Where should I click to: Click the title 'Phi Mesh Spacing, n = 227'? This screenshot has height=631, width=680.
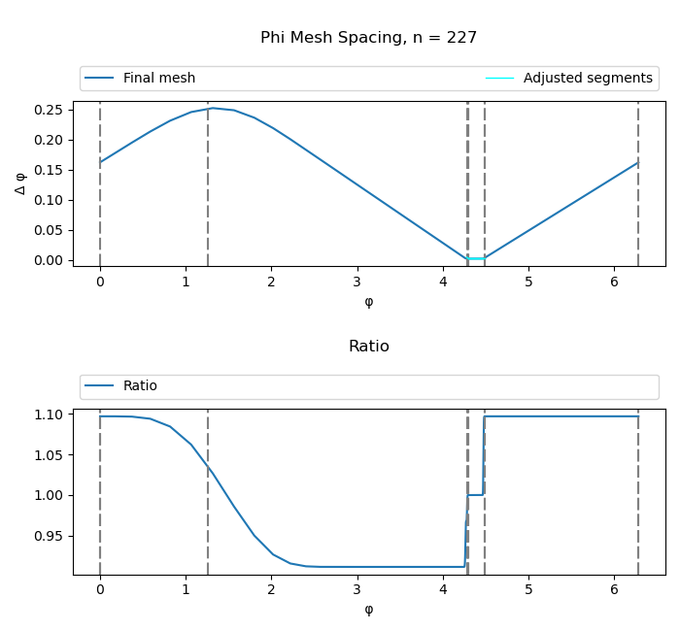coord(368,38)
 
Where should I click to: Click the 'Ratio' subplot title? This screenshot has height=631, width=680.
coord(368,347)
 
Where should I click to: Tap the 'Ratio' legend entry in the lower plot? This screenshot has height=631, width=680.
coord(140,386)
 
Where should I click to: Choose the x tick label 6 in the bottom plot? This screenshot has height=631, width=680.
coord(615,590)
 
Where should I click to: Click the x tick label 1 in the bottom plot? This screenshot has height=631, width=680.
coord(186,590)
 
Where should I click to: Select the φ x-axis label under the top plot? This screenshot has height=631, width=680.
coord(368,302)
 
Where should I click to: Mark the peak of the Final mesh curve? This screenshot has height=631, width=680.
coord(213,109)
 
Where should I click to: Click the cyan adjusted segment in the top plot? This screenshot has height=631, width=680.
coord(476,258)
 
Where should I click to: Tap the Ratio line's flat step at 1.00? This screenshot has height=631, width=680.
coord(475,495)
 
